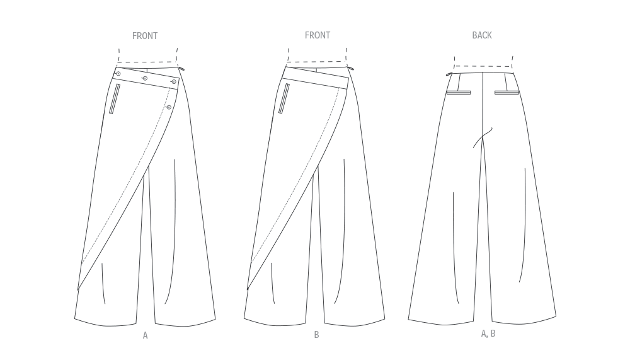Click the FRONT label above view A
pyautogui.click(x=145, y=36)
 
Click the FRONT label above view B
pyautogui.click(x=318, y=35)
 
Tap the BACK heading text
pyautogui.click(x=482, y=35)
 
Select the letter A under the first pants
pyautogui.click(x=145, y=335)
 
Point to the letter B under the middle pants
pyautogui.click(x=317, y=335)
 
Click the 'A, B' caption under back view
pyautogui.click(x=488, y=334)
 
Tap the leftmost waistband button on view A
pyautogui.click(x=118, y=74)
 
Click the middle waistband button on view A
pyautogui.click(x=145, y=78)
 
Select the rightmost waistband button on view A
pyautogui.click(x=174, y=82)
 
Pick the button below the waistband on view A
pyautogui.click(x=169, y=107)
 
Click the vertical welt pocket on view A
pyautogui.click(x=115, y=98)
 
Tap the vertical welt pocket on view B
pyautogui.click(x=284, y=98)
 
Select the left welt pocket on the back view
pyautogui.click(x=459, y=93)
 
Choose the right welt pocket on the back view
pyautogui.click(x=507, y=93)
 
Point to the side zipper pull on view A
pyautogui.click(x=181, y=69)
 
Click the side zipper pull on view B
pyautogui.click(x=351, y=69)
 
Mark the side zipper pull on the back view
pyautogui.click(x=449, y=74)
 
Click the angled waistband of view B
pyautogui.click(x=316, y=78)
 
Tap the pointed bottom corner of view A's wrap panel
pyautogui.click(x=77, y=289)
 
